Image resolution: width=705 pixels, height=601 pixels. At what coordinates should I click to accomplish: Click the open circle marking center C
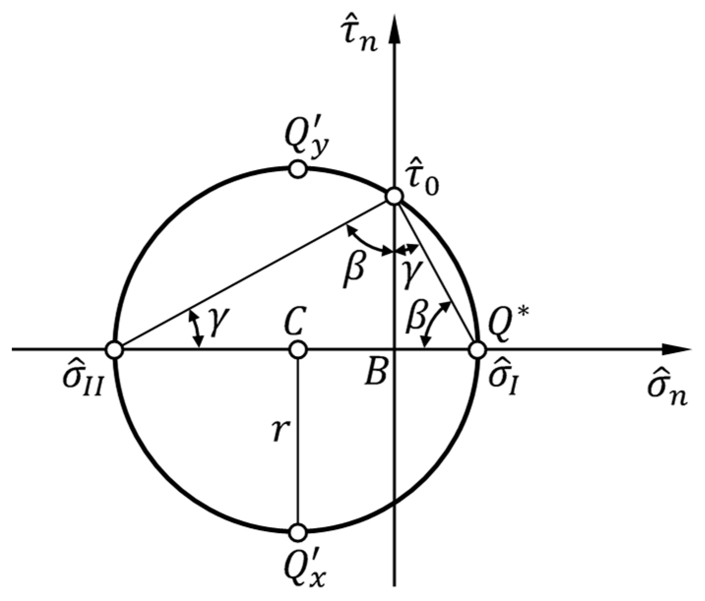pos(298,350)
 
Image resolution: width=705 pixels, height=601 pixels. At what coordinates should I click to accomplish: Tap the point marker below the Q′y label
pos(298,169)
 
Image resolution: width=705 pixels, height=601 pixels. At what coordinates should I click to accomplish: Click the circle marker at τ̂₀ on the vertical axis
pos(394,196)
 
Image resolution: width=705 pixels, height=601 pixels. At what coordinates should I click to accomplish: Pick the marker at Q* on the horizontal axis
pos(477,350)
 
